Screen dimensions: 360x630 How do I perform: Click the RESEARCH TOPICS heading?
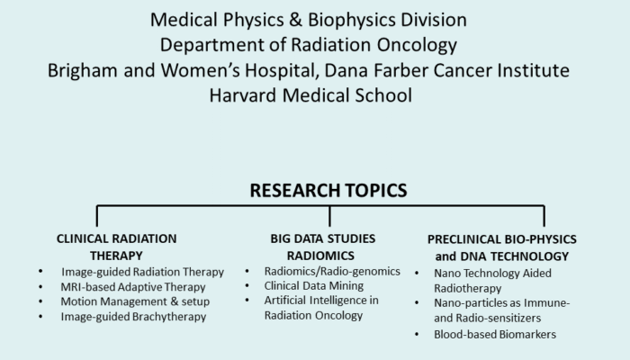click(328, 190)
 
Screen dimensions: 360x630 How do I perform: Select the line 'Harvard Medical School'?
click(314, 93)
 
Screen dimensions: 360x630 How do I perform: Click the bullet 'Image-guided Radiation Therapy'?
click(142, 272)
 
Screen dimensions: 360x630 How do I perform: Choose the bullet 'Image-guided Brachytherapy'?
click(133, 316)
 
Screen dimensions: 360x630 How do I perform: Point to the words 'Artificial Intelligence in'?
click(322, 300)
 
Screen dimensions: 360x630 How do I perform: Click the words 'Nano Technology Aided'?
click(492, 272)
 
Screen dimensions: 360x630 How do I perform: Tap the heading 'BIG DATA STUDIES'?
click(322, 238)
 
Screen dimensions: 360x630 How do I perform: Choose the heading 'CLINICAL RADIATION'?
click(116, 238)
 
